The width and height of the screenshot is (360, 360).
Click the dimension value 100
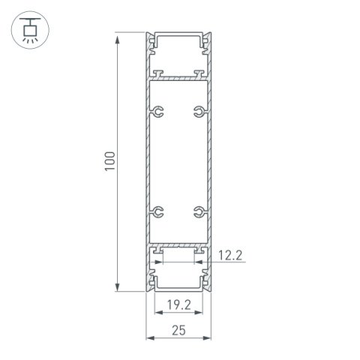109,161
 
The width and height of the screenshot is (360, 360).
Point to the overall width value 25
178,329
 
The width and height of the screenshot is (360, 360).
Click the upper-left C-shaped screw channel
158,113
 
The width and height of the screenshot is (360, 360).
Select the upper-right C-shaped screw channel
198,113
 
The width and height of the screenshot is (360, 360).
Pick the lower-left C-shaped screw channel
158,211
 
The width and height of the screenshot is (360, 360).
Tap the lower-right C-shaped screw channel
198,211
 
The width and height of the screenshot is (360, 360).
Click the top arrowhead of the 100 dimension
117,37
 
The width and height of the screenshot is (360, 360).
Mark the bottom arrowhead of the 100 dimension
117,288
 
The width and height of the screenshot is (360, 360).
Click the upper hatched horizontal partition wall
178,77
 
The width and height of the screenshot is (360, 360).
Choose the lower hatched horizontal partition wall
178,246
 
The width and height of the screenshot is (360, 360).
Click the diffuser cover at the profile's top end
178,34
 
